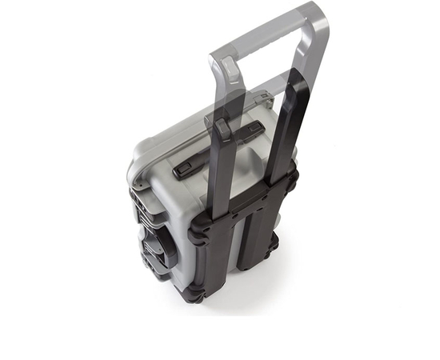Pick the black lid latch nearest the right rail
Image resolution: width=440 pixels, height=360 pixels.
[252, 130]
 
